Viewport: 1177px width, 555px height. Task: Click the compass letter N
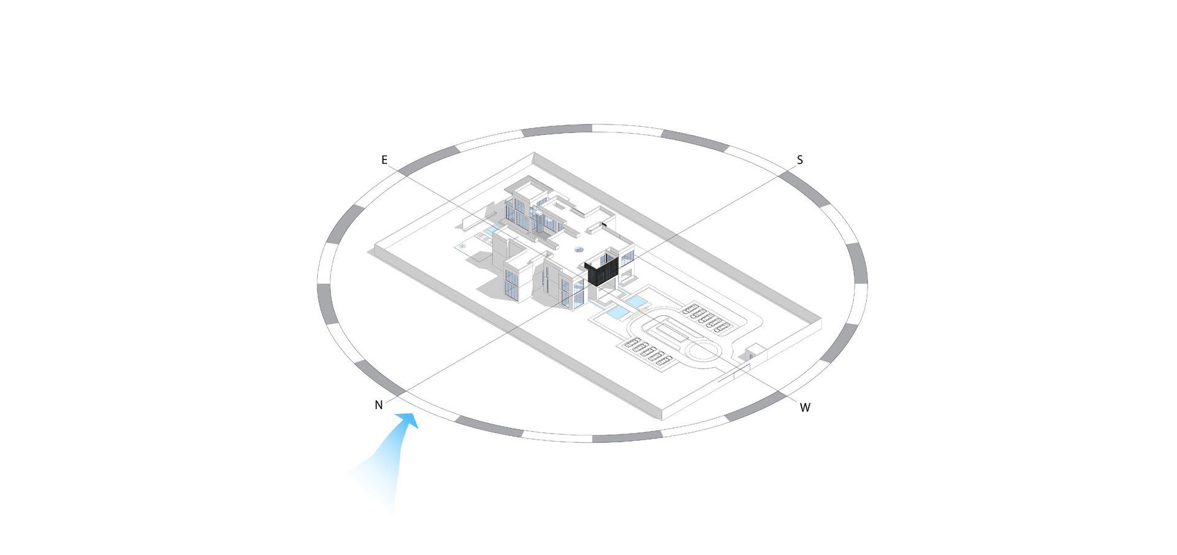pos(379,405)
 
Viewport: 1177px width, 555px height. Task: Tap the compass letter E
pos(384,160)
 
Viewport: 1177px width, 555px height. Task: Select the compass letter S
pos(800,160)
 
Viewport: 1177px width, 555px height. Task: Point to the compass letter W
pos(805,407)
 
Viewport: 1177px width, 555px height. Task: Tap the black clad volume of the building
pos(601,269)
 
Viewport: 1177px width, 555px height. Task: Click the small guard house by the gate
pos(756,352)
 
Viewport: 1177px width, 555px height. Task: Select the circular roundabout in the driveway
pos(703,352)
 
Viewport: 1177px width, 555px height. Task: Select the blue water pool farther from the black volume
pos(617,313)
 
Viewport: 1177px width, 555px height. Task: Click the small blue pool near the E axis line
pos(491,231)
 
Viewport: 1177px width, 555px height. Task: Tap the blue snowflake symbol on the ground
pos(463,246)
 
